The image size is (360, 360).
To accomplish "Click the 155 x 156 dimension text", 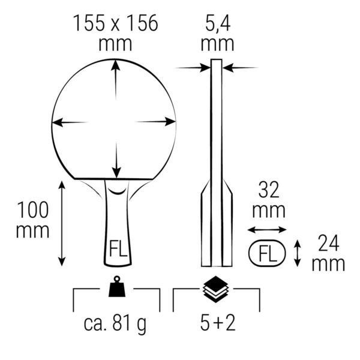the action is [115, 23].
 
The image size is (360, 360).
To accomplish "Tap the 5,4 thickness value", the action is [218, 24].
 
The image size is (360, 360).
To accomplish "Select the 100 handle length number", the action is [33, 210].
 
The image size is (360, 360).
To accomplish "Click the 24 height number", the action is [329, 244].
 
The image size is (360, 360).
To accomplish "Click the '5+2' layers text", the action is [218, 323].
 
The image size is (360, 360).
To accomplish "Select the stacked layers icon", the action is [216, 289].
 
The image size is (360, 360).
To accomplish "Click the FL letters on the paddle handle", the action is [118, 248].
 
